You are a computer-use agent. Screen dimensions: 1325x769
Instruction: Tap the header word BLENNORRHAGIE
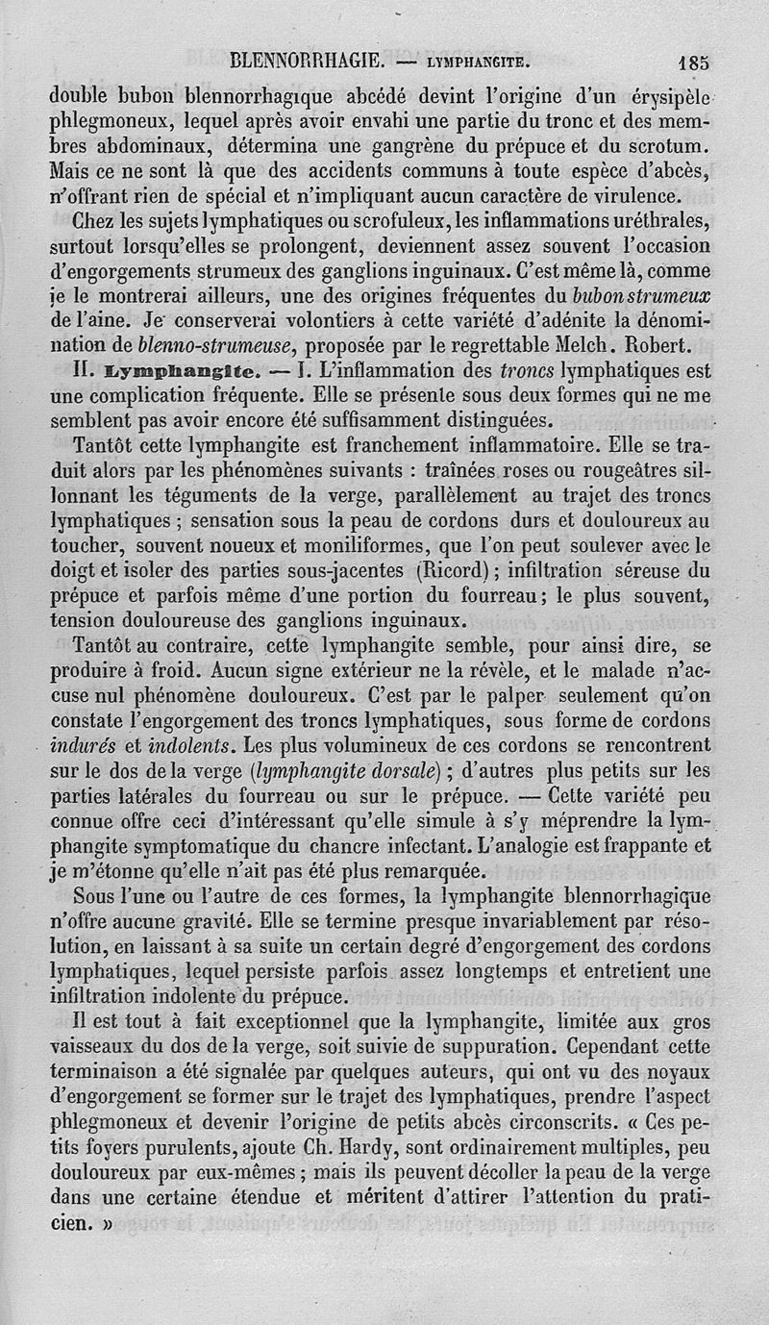[x=304, y=62]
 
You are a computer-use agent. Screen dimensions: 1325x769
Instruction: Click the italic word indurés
[x=92, y=744]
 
